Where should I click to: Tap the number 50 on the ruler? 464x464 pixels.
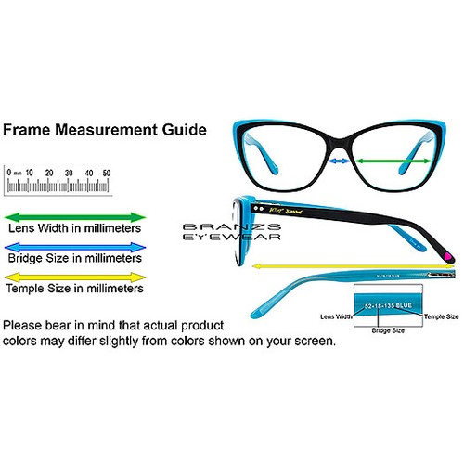[107, 173]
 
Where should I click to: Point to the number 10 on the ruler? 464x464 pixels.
[30, 173]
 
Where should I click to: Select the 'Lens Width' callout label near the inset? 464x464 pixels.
[336, 316]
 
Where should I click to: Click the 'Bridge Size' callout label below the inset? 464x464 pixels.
[388, 329]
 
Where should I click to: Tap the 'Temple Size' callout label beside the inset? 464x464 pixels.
[440, 316]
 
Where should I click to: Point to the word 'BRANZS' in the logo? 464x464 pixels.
[215, 226]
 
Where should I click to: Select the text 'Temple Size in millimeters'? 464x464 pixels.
[75, 289]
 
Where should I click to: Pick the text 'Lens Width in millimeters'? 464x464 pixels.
[75, 227]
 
